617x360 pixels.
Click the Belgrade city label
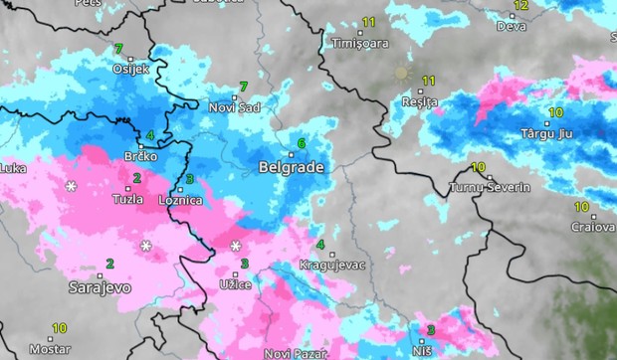point(292,167)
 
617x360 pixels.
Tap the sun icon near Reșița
point(402,73)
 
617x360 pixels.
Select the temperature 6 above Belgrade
point(302,144)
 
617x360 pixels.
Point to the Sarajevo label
point(100,287)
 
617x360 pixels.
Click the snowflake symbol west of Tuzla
point(71,186)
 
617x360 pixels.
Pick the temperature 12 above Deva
point(520,5)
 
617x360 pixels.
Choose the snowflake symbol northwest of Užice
point(236,246)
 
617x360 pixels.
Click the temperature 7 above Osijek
point(118,49)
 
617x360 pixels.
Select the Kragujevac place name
point(333,266)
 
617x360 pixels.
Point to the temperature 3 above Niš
point(431,330)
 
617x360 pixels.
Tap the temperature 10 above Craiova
point(581,207)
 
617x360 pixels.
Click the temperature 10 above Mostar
point(60,328)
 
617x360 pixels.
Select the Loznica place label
point(181,200)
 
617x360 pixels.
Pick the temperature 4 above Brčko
point(150,135)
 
